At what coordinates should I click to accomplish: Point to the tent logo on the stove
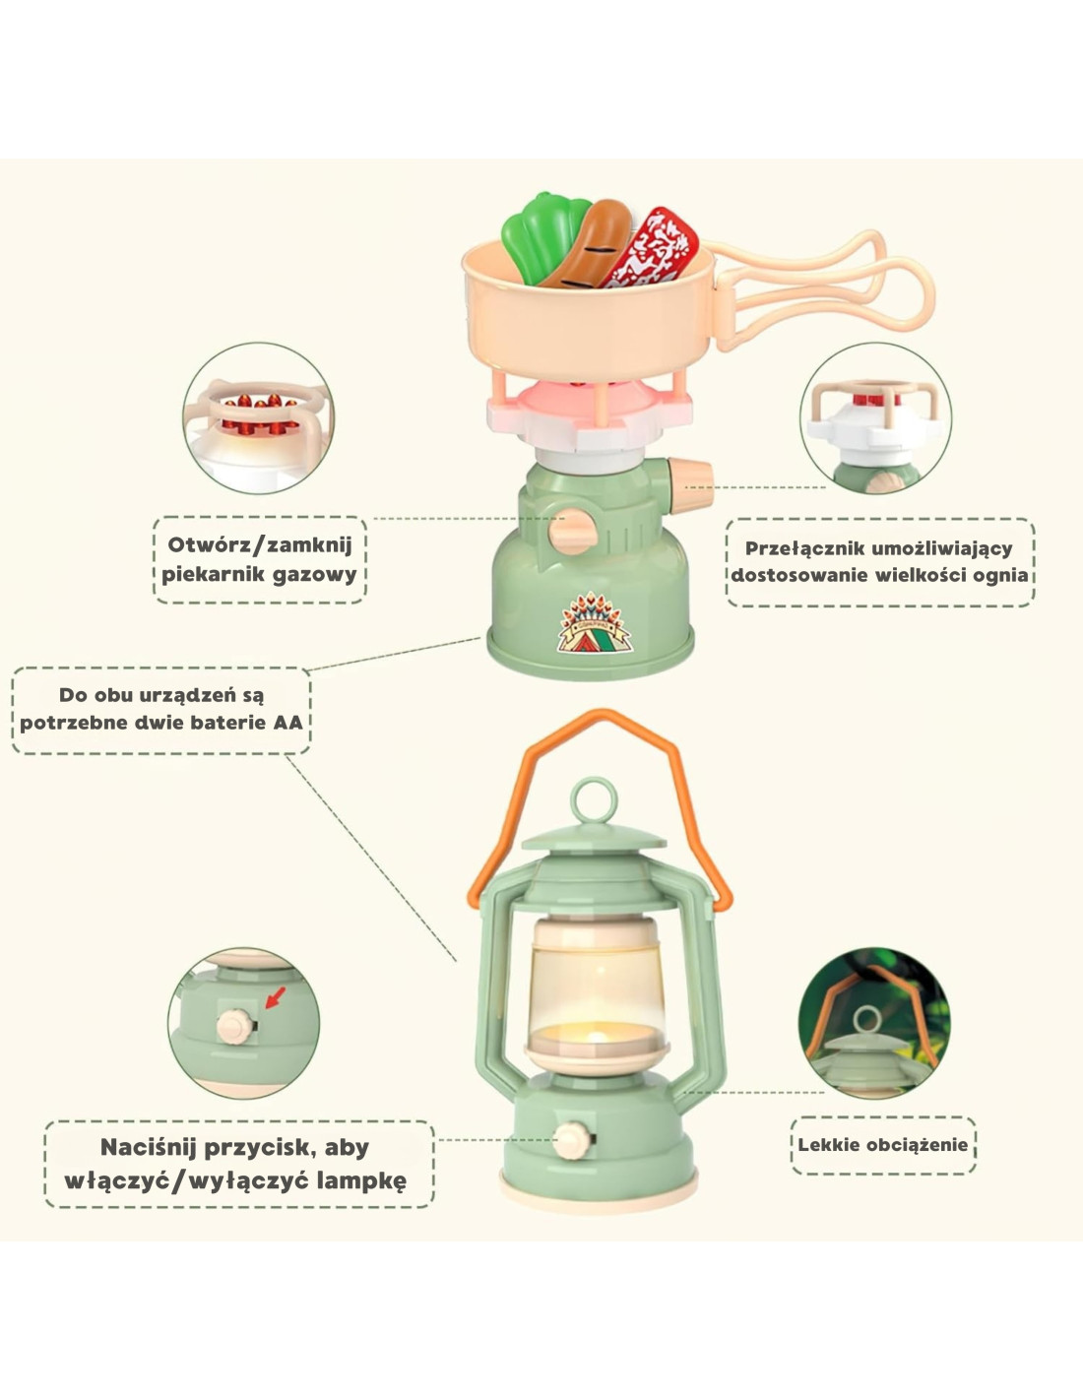(597, 623)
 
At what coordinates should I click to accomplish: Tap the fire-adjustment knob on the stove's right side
(689, 476)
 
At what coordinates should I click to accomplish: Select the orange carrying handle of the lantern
(603, 748)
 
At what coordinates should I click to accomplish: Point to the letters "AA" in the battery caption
(287, 722)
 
